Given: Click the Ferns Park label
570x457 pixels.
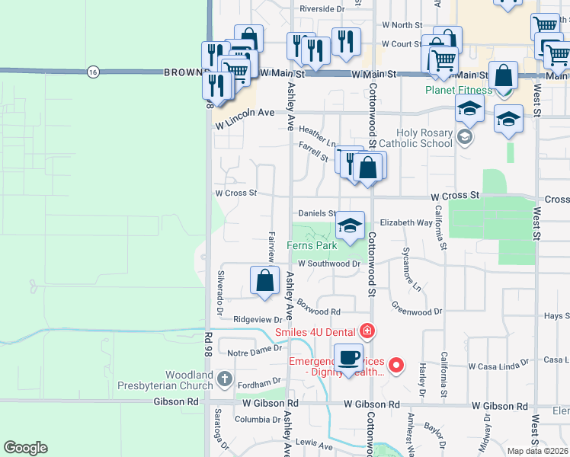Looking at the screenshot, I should pyautogui.click(x=312, y=246).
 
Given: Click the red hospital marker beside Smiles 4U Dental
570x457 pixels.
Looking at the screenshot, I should pyautogui.click(x=367, y=331).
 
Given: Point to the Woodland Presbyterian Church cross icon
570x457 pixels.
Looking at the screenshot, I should pyautogui.click(x=224, y=378).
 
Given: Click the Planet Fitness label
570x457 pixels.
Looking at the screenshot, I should pyautogui.click(x=458, y=90).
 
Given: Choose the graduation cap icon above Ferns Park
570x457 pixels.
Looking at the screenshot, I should pyautogui.click(x=350, y=225).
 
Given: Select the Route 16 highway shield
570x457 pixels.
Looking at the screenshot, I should pyautogui.click(x=93, y=71).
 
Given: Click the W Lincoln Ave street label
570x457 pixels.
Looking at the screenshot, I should pyautogui.click(x=244, y=113).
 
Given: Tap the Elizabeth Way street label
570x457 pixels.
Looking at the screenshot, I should pyautogui.click(x=406, y=222).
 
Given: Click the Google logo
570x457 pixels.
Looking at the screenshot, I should pyautogui.click(x=25, y=448).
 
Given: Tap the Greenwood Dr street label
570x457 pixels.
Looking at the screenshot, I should pyautogui.click(x=417, y=312).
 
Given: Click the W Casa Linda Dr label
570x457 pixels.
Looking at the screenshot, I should pyautogui.click(x=498, y=366).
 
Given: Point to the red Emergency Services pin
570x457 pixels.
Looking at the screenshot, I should pyautogui.click(x=395, y=366).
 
